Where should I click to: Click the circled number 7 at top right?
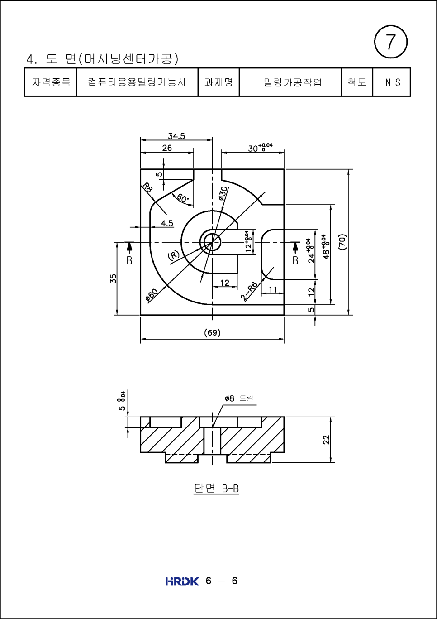pos(391,42)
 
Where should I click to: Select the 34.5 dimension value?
pos(176,136)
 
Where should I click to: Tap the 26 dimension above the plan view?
pos(167,148)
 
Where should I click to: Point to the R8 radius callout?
pos(147,187)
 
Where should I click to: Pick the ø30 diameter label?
pos(223,193)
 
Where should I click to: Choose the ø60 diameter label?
pos(152,294)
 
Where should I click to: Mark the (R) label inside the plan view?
pos(174,255)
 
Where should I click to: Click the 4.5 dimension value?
pos(167,223)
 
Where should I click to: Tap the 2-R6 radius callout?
pos(249,291)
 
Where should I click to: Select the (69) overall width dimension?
pos(212,332)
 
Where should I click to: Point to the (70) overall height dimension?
pos(342,241)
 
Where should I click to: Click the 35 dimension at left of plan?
pos(113,278)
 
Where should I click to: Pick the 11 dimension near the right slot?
pos(273,289)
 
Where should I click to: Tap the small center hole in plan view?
pos(212,242)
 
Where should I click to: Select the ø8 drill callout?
pos(238,398)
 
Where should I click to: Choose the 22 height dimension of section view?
pos(326,439)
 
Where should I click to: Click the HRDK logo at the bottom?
pos(182,581)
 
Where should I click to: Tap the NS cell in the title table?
pos(392,82)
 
